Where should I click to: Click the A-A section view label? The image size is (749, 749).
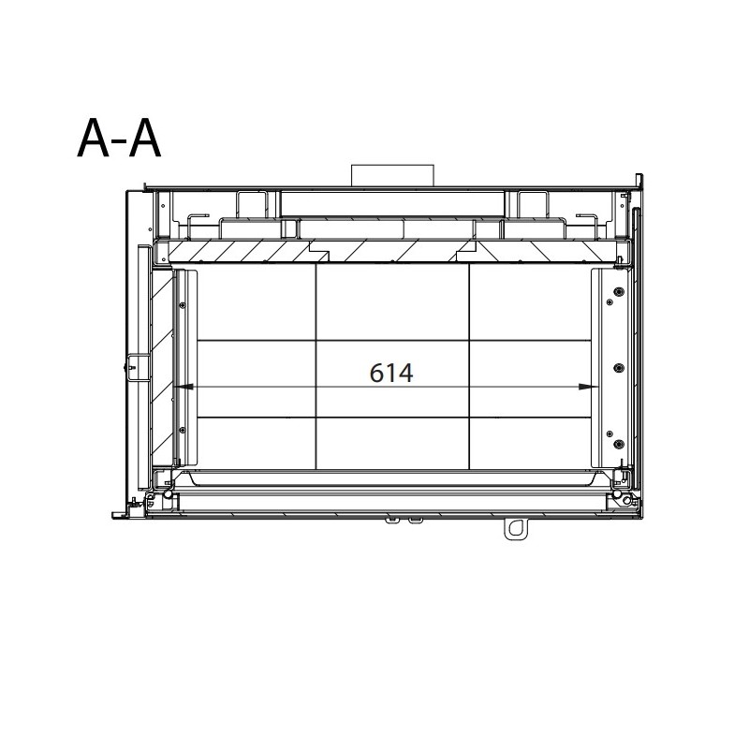coord(119,138)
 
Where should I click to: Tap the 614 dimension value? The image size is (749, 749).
coord(391,373)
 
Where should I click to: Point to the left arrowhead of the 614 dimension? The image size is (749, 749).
coord(184,387)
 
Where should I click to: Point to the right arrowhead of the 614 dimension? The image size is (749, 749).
coord(588,387)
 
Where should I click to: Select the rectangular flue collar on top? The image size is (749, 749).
coord(392,175)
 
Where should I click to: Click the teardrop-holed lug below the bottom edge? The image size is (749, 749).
coord(516,529)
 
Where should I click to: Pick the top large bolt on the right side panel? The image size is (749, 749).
coord(619,291)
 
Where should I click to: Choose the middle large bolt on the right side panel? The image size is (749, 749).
coord(619,367)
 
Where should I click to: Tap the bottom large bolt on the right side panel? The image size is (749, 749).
coord(619,444)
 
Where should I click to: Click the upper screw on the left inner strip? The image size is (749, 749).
coord(182,305)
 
